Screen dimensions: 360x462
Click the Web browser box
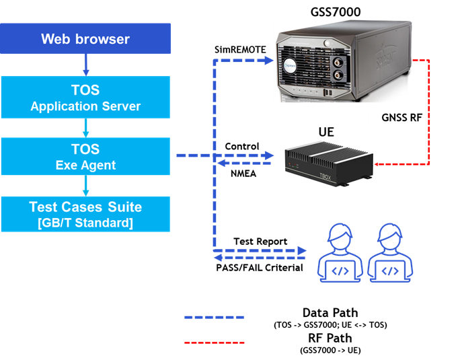(85, 39)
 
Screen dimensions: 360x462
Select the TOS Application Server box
(85, 98)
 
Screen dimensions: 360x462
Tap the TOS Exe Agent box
(85, 156)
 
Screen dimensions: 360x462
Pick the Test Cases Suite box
(85, 214)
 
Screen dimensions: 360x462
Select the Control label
(241, 146)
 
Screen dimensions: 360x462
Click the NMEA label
(241, 173)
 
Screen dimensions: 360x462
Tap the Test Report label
(260, 242)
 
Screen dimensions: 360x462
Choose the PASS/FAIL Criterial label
(259, 268)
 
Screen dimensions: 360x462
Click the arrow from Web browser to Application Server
(86, 65)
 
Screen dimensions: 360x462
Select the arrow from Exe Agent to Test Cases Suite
(86, 186)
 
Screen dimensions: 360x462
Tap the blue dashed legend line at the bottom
(215, 317)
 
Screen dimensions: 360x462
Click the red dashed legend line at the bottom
(215, 343)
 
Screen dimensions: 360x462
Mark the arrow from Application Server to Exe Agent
(86, 127)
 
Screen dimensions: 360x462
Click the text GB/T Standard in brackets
(85, 223)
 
